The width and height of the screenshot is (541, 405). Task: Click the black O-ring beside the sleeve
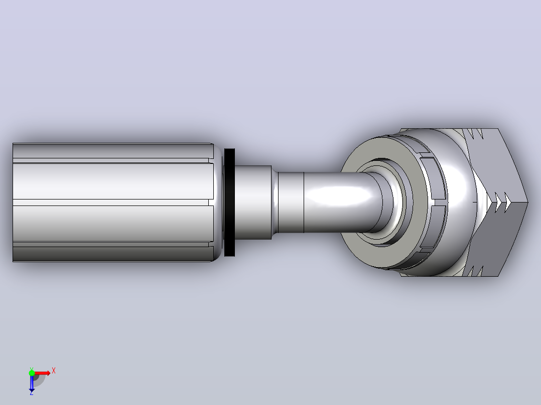click(229, 202)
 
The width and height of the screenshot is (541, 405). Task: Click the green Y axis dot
click(32, 373)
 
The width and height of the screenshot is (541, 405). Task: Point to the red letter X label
click(54, 371)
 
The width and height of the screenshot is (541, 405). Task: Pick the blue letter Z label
click(32, 393)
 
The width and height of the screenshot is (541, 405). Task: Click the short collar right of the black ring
click(253, 202)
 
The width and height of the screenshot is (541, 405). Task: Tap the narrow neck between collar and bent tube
click(291, 202)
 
